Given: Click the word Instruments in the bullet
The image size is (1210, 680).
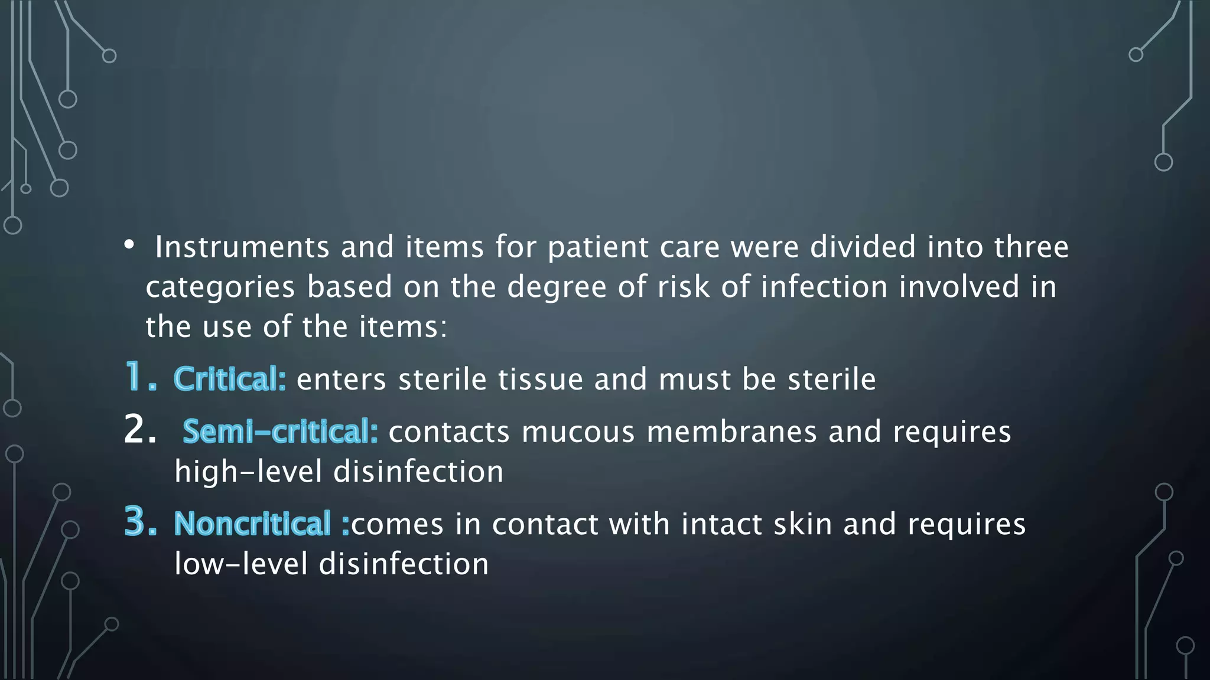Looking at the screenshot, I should (242, 247).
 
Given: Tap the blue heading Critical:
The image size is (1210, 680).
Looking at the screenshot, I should (230, 379).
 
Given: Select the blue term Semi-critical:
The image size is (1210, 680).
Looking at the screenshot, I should (280, 431).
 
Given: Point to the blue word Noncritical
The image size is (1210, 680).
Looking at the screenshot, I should (252, 524).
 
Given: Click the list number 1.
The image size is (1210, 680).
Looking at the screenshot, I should (140, 378).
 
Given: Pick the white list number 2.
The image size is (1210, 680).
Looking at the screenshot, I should (140, 430).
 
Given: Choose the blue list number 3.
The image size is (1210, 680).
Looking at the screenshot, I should (140, 522).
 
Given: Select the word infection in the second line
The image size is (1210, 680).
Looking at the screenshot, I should (824, 287).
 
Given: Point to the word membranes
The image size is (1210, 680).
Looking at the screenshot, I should (731, 431).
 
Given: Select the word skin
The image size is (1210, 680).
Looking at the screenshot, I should (802, 524).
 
